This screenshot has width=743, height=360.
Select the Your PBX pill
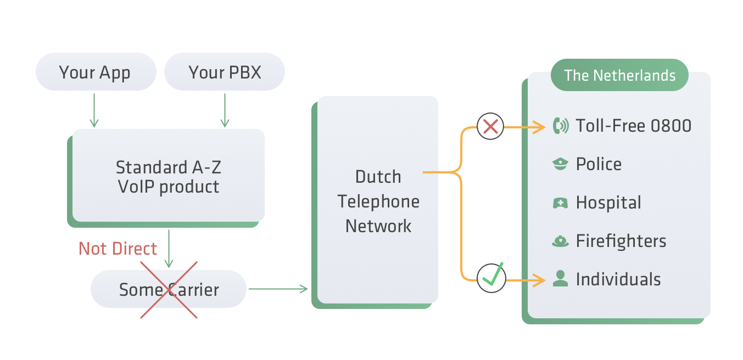click(225, 72)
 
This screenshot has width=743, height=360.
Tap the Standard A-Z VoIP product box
click(169, 176)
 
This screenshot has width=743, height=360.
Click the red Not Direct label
click(118, 249)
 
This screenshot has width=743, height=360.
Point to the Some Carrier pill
click(169, 289)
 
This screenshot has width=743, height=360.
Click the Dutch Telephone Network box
click(378, 201)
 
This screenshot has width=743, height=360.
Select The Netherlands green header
click(619, 75)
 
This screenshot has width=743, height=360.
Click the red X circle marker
click(490, 127)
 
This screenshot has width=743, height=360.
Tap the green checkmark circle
click(491, 278)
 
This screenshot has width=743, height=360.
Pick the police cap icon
click(560, 164)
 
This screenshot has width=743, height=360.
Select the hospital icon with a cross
click(560, 203)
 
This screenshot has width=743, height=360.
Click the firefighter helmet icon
click(560, 241)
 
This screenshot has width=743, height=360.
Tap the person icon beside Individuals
click(560, 279)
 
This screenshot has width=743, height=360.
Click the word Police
click(599, 164)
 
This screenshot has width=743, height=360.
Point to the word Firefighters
click(621, 241)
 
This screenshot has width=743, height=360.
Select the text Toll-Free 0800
click(633, 126)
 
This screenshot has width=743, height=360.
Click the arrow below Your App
click(94, 110)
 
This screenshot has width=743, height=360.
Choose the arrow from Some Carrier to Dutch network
click(278, 289)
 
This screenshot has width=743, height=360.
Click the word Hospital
click(608, 203)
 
